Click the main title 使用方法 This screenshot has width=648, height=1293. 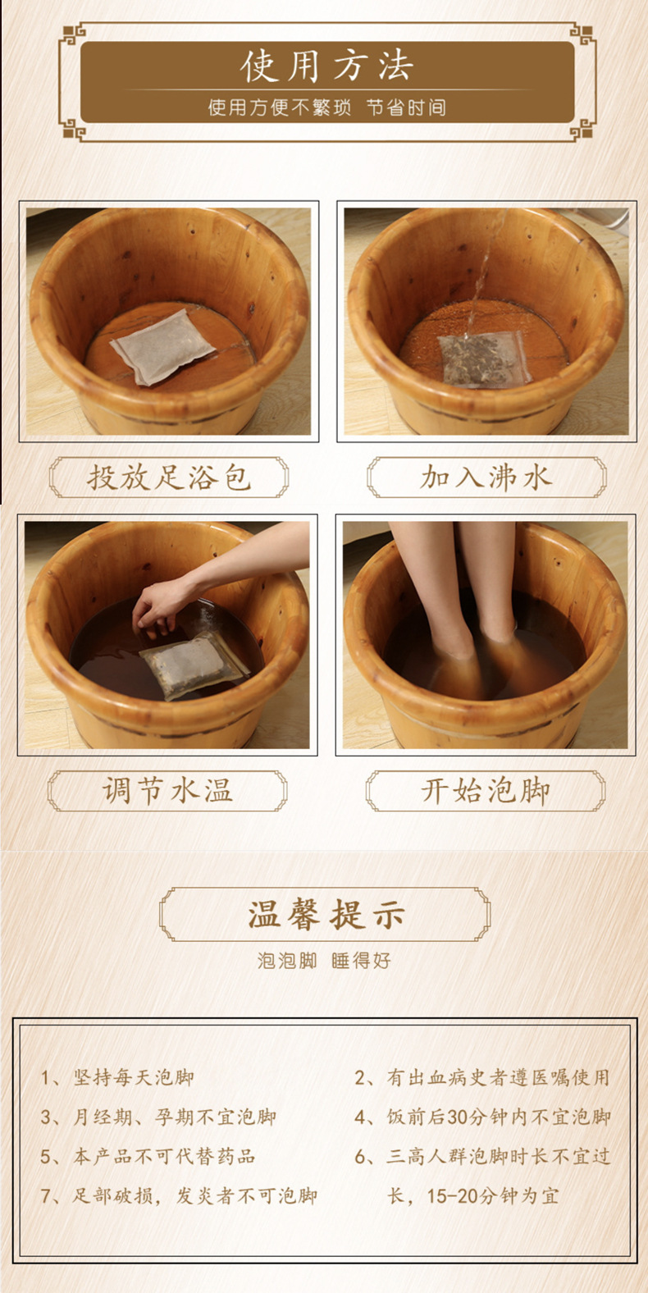point(326,66)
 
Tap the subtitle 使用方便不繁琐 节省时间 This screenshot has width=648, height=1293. point(326,107)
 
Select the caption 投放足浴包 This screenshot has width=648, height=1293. point(169,477)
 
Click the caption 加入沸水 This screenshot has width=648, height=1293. point(486,477)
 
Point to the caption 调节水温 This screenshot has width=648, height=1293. point(167,790)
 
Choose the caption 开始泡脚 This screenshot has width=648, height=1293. point(486,790)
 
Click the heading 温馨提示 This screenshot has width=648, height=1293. point(326,914)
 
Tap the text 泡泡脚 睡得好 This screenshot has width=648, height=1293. point(324,961)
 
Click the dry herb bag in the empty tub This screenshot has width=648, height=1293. point(162,346)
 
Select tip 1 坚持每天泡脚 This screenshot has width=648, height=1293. point(117,1077)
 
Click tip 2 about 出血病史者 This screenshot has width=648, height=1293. point(482,1077)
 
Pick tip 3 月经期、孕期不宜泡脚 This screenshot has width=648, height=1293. point(158,1117)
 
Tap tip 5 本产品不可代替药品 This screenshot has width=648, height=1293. point(148,1156)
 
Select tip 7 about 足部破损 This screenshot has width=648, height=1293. point(179,1196)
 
